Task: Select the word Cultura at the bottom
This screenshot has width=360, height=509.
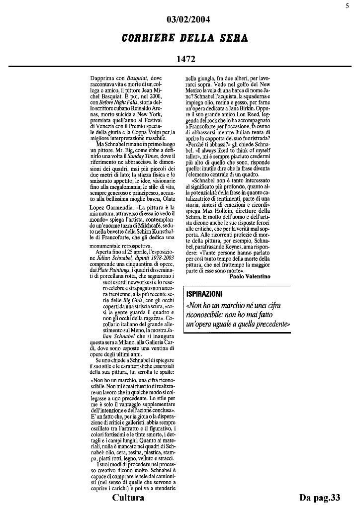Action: click(128, 498)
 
